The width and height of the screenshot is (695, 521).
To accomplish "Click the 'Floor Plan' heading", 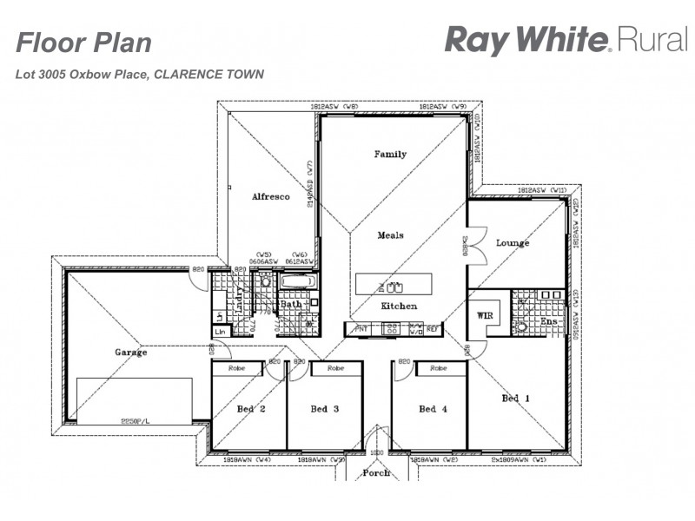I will point(84,43).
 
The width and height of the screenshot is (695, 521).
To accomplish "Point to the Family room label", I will point(390,155).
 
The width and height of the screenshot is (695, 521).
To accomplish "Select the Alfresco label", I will point(270,197).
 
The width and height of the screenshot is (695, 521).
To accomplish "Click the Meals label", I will point(390,235).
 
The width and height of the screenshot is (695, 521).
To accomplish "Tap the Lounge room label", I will point(513,243).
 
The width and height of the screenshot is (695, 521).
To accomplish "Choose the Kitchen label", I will point(399,307).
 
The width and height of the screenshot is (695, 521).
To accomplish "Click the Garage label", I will point(130,353).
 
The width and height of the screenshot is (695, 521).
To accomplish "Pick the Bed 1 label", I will point(515,399).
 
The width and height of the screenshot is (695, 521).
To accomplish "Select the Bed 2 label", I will point(250,409).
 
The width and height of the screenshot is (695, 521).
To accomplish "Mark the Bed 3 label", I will point(324,409).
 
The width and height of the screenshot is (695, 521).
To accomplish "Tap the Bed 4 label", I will point(432,409).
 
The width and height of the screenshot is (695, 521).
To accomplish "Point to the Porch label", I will point(376,473).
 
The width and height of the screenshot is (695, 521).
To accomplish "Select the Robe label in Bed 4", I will point(439,369).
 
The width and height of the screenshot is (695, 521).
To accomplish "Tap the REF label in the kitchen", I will point(432,329).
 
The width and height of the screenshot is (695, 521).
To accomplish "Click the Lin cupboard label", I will point(220,332).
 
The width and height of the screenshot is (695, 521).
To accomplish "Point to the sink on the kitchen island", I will point(394,286).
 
